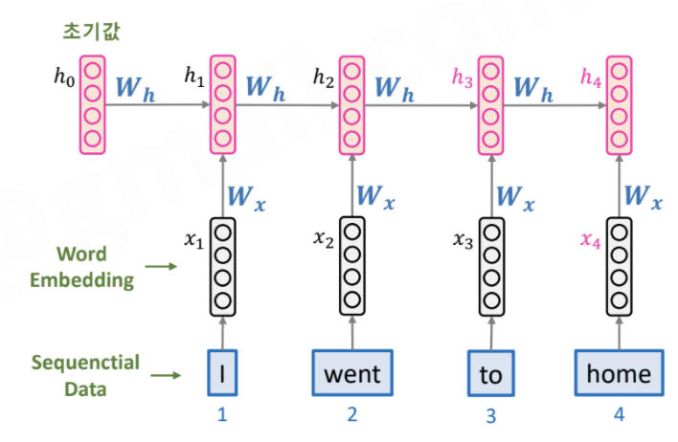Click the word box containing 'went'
pos(352,373)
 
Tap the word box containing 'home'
pos(618,373)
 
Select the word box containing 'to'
pos(490,374)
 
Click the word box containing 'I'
pos(222,373)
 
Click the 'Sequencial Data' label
pos(84,375)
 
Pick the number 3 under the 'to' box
pos(491,416)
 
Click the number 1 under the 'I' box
pos(222,415)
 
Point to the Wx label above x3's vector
pos(512,198)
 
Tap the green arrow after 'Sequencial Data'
pos(168,375)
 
